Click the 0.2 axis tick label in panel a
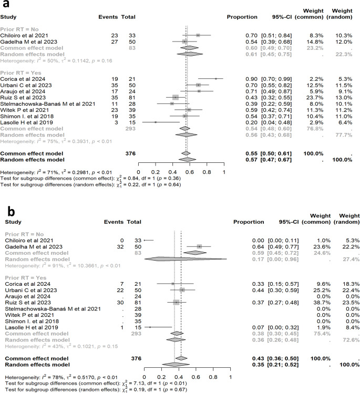click(x=156, y=171)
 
